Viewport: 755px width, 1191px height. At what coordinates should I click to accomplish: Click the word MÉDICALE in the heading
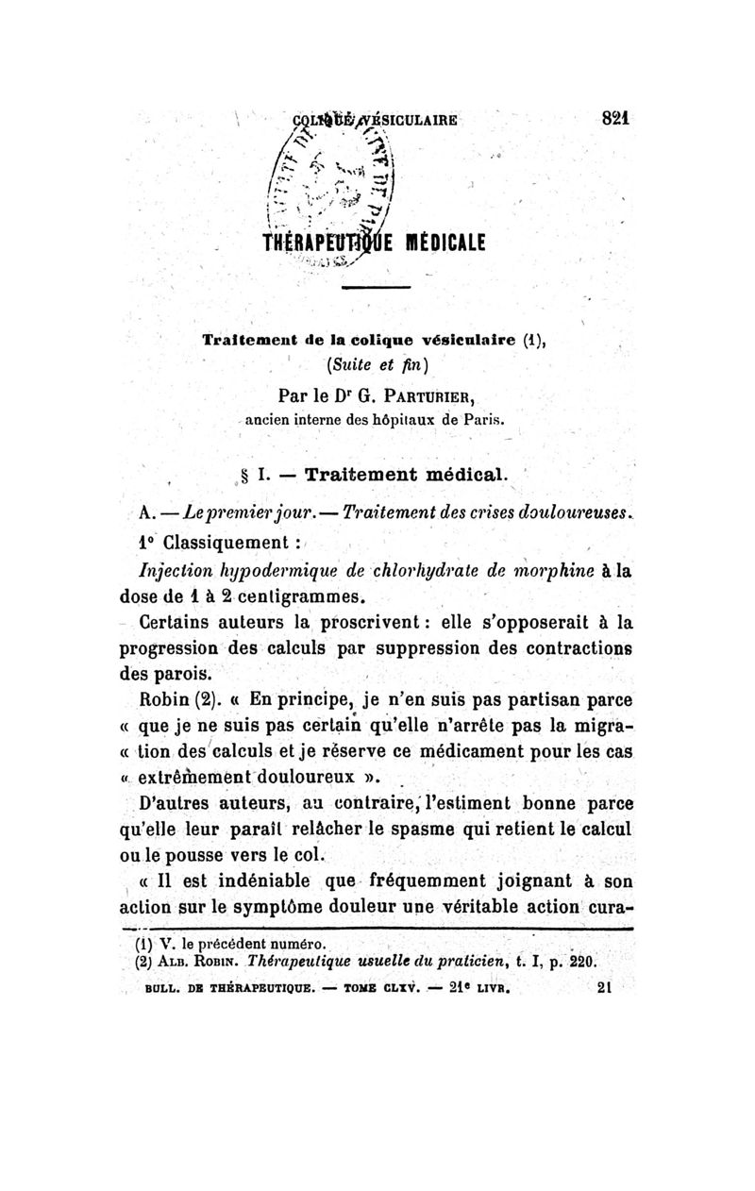click(435, 242)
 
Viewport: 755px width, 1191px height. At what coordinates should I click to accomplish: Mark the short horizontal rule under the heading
click(376, 286)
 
